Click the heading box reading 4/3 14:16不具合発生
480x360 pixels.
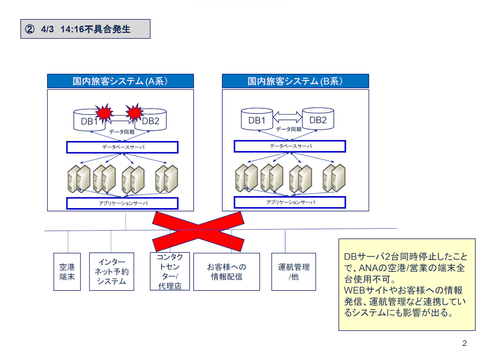pyautogui.click(x=85, y=29)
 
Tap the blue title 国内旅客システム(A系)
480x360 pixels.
pyautogui.click(x=120, y=81)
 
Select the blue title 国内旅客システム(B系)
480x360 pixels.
pyautogui.click(x=295, y=81)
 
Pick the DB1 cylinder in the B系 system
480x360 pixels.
pyautogui.click(x=257, y=120)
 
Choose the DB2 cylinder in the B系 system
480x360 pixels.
pyautogui.click(x=318, y=119)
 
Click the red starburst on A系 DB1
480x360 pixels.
pyautogui.click(x=104, y=112)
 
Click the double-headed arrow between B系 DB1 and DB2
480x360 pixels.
pyautogui.click(x=287, y=117)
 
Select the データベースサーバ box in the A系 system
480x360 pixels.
pyautogui.click(x=122, y=147)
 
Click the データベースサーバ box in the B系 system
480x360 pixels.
pyautogui.click(x=290, y=146)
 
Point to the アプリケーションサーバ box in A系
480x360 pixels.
pyautogui.click(x=122, y=203)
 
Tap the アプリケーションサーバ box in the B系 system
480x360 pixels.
pyautogui.click(x=290, y=202)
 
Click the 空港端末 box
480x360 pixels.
pyautogui.click(x=67, y=272)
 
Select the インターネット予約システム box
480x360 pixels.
pyautogui.click(x=111, y=272)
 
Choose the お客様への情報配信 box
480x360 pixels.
pyautogui.click(x=226, y=272)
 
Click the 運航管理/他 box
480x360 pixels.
pyautogui.click(x=294, y=272)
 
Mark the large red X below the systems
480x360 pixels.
pyautogui.click(x=198, y=231)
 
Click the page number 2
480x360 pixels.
pyautogui.click(x=464, y=343)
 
